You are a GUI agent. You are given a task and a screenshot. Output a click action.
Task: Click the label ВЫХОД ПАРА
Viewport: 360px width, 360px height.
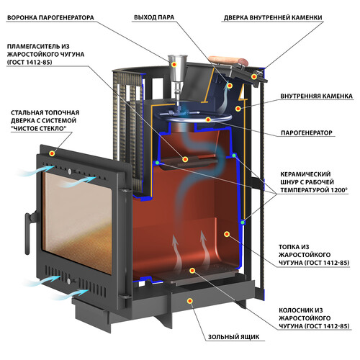point(154,17)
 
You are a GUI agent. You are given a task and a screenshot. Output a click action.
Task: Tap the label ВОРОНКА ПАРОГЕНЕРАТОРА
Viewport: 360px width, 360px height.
point(50,18)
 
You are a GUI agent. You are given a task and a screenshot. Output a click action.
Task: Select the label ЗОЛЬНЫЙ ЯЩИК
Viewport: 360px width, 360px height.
point(233,337)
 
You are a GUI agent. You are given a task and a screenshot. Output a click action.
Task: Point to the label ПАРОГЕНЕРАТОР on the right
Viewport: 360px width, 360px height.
point(307,132)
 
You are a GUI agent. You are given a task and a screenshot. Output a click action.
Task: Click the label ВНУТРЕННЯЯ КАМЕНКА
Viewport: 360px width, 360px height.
point(316,96)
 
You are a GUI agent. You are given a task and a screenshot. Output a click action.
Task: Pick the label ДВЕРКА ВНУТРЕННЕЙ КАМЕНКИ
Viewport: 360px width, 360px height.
point(273,18)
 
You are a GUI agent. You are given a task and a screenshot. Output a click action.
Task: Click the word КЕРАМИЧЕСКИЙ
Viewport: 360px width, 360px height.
point(305,174)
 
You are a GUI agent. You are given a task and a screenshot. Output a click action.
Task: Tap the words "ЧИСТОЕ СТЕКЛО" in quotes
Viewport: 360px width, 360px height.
point(39,128)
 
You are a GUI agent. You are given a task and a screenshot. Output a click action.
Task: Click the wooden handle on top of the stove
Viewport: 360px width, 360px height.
point(228,61)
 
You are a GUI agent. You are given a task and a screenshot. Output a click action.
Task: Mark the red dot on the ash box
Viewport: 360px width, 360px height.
point(190,301)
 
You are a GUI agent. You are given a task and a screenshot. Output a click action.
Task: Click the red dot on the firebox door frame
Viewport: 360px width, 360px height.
point(52,153)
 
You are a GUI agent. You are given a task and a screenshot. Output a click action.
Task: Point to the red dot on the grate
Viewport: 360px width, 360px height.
point(192,271)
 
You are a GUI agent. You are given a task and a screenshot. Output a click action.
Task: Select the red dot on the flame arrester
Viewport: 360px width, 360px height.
point(185,159)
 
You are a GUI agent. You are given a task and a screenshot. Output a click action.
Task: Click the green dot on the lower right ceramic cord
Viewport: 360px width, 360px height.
point(243,222)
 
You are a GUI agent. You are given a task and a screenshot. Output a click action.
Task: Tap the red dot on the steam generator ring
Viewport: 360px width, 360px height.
point(208,120)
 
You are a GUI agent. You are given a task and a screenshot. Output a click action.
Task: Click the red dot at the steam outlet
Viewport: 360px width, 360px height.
point(230,86)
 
